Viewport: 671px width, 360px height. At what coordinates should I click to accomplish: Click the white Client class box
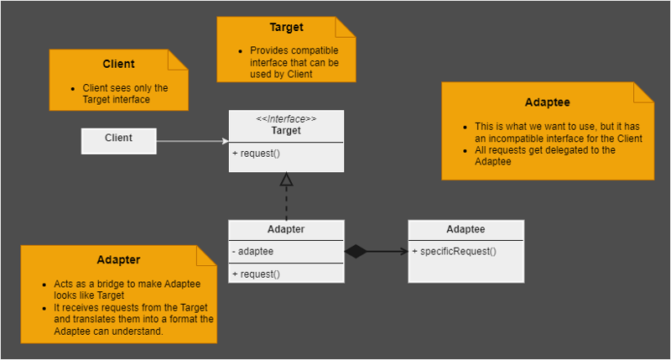(x=118, y=141)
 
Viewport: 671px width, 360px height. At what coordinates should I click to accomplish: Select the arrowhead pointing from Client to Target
(x=226, y=141)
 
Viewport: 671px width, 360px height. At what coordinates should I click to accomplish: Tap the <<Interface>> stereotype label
(x=286, y=119)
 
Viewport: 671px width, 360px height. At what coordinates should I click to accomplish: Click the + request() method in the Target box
(x=256, y=154)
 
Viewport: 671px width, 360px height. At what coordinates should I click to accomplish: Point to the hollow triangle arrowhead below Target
(x=286, y=180)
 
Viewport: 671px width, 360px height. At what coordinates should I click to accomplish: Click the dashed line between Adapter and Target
(x=286, y=203)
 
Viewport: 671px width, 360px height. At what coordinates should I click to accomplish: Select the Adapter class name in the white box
(x=286, y=229)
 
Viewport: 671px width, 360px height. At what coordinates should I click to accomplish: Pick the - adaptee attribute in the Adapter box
(x=252, y=251)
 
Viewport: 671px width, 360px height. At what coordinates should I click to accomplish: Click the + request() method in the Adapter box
(x=256, y=274)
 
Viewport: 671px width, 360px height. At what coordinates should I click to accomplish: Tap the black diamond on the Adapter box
(x=356, y=251)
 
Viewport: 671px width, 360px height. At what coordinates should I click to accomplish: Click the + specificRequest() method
(x=454, y=251)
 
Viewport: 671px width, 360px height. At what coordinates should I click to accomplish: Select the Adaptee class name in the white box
(x=466, y=229)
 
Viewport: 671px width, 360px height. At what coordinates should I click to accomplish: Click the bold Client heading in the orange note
(x=118, y=64)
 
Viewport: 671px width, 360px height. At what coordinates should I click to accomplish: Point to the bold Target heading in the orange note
(x=286, y=27)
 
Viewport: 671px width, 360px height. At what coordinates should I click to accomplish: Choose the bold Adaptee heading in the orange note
(x=548, y=102)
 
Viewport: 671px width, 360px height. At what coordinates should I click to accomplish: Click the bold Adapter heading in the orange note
(x=118, y=260)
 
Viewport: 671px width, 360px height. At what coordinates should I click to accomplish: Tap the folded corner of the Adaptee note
(x=643, y=92)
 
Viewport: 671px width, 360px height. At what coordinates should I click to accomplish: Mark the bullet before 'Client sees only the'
(x=73, y=89)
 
